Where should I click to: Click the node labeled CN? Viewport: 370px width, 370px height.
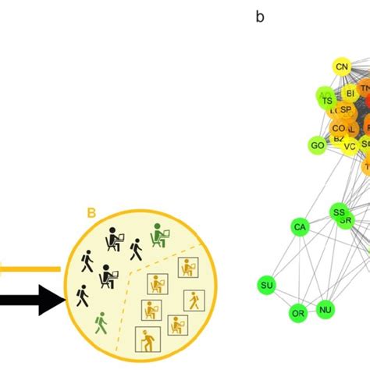tap(341, 67)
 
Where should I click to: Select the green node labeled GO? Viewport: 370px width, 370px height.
tap(317, 145)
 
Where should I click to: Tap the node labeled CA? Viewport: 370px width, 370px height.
tap(300, 227)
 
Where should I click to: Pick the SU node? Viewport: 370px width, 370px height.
tap(267, 286)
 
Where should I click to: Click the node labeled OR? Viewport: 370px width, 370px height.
tap(298, 314)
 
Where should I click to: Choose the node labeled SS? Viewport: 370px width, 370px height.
tap(338, 212)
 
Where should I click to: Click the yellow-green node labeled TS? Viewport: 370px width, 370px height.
tap(327, 100)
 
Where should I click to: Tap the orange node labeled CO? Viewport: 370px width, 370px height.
tap(338, 127)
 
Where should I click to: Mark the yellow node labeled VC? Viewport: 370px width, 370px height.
tap(350, 144)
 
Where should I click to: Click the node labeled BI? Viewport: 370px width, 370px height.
tap(350, 93)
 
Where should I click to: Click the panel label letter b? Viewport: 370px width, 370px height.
tap(260, 16)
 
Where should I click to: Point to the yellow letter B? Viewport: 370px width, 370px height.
tap(91, 212)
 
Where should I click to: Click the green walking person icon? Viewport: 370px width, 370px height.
tap(100, 322)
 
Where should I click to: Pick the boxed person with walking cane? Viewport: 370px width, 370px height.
tap(148, 339)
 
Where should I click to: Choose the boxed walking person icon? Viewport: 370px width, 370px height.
tap(194, 301)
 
